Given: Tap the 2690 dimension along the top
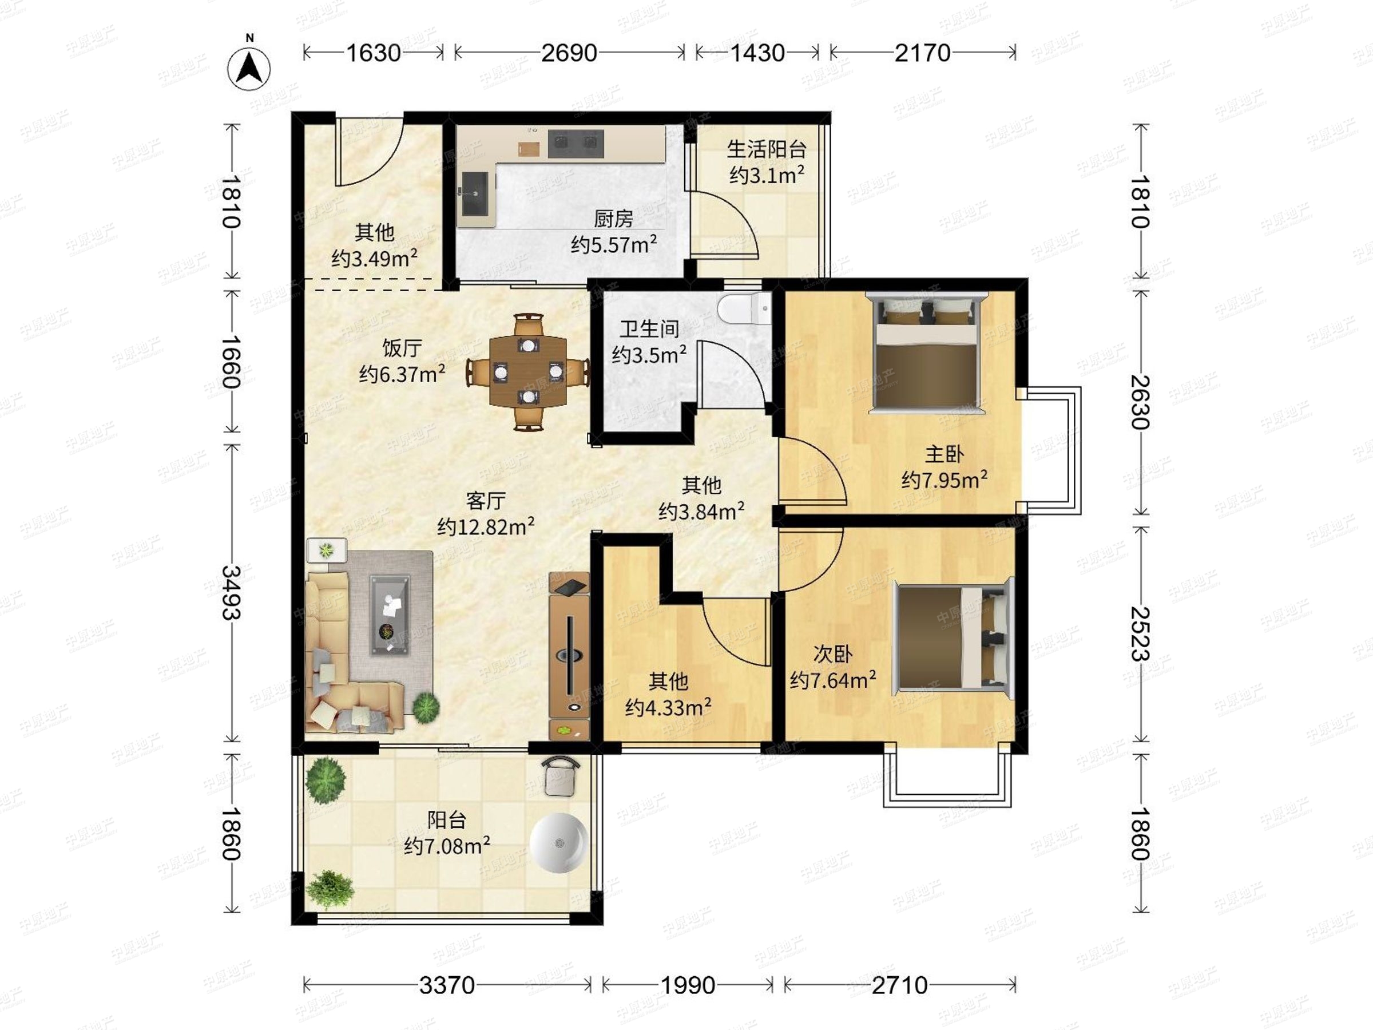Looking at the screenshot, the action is (x=569, y=53).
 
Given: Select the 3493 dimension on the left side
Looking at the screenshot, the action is (x=231, y=592).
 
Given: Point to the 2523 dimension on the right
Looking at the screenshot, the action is (x=1140, y=633).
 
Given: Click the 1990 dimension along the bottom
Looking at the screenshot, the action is (x=688, y=985).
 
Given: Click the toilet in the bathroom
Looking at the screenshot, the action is (x=744, y=308).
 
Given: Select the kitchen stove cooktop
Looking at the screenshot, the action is (x=576, y=144).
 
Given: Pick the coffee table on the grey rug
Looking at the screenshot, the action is (x=390, y=615).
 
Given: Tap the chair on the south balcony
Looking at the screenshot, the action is (x=560, y=775).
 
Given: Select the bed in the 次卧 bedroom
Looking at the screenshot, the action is (x=953, y=636).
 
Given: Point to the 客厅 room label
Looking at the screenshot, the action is (x=486, y=501).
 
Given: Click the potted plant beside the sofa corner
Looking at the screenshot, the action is (x=426, y=707).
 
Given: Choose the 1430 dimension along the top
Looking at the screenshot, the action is (x=757, y=53).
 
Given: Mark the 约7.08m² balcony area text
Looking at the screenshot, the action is (x=447, y=846).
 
